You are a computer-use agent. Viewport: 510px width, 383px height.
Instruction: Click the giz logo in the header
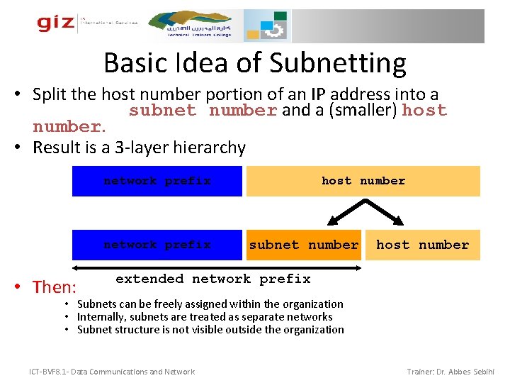point(56,23)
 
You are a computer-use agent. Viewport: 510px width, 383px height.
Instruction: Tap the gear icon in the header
point(272,28)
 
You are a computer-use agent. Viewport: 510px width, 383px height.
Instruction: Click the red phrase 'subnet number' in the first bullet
point(203,111)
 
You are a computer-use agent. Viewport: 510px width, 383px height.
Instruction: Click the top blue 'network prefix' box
point(157,181)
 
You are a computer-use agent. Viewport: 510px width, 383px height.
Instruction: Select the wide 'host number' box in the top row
point(363,181)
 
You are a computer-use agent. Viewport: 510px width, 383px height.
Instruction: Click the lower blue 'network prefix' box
point(157,245)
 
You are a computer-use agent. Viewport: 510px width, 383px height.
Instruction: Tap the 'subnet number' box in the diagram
point(303,245)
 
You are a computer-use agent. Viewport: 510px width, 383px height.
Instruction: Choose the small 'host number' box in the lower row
point(422,245)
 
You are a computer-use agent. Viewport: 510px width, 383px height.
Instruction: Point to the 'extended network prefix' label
point(212,279)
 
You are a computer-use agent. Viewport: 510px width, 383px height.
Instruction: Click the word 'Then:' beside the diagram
point(55,287)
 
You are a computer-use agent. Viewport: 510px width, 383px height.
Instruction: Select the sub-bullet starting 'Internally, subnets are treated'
point(205,317)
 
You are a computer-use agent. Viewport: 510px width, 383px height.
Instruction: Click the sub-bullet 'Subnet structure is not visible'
point(210,329)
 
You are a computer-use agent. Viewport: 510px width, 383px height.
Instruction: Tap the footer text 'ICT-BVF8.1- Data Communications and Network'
point(112,372)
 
